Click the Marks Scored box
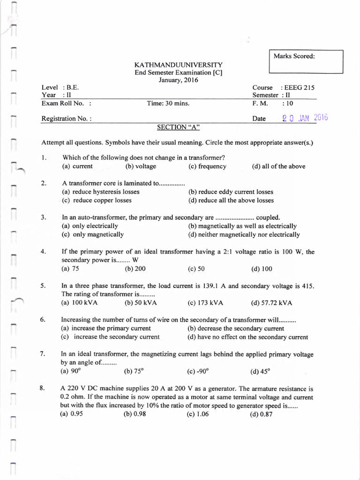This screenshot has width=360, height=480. coord(306,61)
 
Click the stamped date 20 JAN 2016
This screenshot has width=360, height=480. coord(305,118)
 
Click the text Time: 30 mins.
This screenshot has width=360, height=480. coord(168,103)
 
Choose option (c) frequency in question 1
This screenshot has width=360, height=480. coord(207,166)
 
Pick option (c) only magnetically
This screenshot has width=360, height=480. coord(93,234)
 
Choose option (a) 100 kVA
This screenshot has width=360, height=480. coord(79,302)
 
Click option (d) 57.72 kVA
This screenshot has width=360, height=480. coord(271,303)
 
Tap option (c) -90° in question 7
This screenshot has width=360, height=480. coord(199,372)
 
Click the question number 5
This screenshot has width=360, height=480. coord(43,285)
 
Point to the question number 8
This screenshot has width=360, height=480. coord(43,388)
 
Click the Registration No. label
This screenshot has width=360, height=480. coord(67,119)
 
